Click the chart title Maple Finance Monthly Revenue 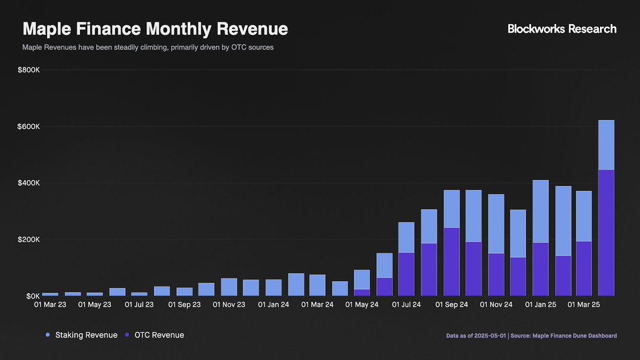(155, 29)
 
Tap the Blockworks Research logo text (562, 29)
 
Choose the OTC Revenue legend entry (154, 335)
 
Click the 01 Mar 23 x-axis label (50, 305)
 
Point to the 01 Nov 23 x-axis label (229, 305)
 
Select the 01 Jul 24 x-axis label (406, 305)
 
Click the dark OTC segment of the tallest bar (606, 232)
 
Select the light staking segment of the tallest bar (606, 145)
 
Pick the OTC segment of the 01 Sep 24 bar (452, 261)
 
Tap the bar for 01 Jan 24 (274, 287)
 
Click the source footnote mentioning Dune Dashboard (531, 335)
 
